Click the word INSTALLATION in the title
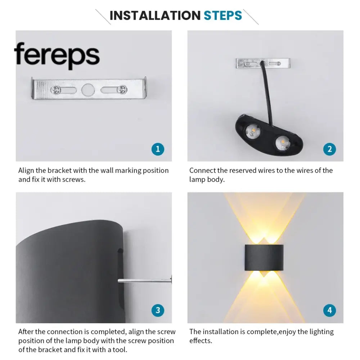pos(155,15)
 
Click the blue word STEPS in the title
pos(223,15)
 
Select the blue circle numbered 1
pos(158,149)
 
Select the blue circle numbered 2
pos(329,149)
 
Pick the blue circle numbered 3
pos(158,310)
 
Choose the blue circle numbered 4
pos(329,310)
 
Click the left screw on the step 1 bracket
pos(56,90)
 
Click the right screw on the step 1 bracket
pos(122,90)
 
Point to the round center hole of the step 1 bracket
pos(88,90)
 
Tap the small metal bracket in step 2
pos(263,63)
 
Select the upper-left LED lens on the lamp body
pos(253,131)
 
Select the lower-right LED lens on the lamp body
pos(283,143)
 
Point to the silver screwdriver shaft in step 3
pos(145,280)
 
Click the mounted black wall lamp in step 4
pos(264,257)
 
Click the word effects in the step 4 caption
pos(201,341)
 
